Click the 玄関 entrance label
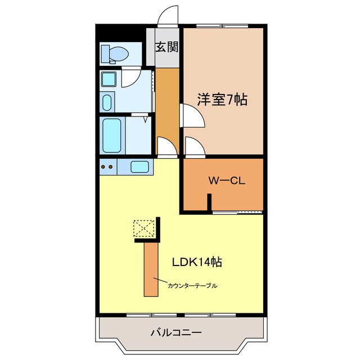tap(166, 47)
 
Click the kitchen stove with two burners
tap(107, 166)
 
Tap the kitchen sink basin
tap(139, 166)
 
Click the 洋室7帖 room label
tap(222, 100)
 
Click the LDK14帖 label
tap(196, 262)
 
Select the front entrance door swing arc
tap(168, 17)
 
